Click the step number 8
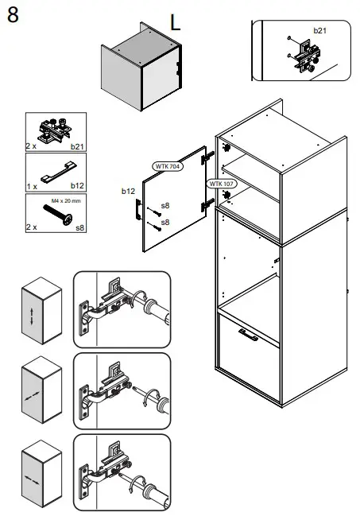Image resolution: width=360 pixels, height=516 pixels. click(x=13, y=15)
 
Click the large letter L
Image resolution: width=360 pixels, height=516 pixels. click(x=175, y=23)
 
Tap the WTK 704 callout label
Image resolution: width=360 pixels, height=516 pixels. click(x=168, y=166)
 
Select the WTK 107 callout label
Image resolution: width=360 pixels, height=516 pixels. click(x=222, y=184)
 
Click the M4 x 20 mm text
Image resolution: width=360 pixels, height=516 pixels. click(x=66, y=200)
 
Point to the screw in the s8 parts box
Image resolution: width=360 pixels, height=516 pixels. click(x=58, y=214)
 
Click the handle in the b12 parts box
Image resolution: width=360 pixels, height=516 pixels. click(x=60, y=172)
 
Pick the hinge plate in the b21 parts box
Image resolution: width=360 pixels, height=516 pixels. click(x=55, y=130)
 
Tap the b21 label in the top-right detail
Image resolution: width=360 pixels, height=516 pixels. click(x=319, y=30)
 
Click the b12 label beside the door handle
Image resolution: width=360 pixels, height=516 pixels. click(x=128, y=191)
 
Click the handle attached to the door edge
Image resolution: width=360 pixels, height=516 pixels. click(x=137, y=210)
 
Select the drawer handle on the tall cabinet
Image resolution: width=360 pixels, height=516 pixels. click(x=249, y=335)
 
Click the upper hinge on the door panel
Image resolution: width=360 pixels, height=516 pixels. click(x=207, y=157)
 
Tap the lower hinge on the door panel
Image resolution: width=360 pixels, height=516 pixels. click(x=207, y=205)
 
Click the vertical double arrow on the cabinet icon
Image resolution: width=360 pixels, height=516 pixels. click(x=32, y=316)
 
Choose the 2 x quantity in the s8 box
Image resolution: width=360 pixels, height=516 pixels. click(x=32, y=227)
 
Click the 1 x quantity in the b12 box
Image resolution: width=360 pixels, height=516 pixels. click(x=32, y=187)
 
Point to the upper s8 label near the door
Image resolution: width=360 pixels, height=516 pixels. click(x=165, y=206)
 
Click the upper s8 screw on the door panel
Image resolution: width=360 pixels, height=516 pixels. click(x=154, y=212)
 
